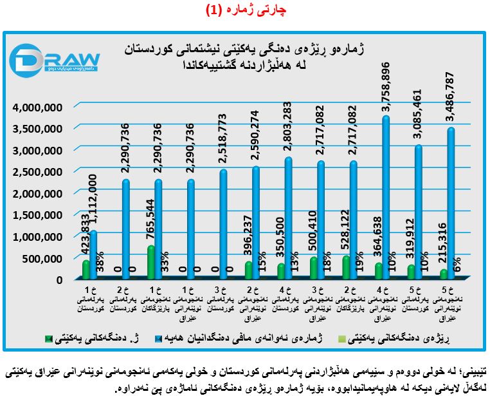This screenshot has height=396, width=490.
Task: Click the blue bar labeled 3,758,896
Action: (385, 193)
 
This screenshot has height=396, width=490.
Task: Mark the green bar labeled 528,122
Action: (346, 267)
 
